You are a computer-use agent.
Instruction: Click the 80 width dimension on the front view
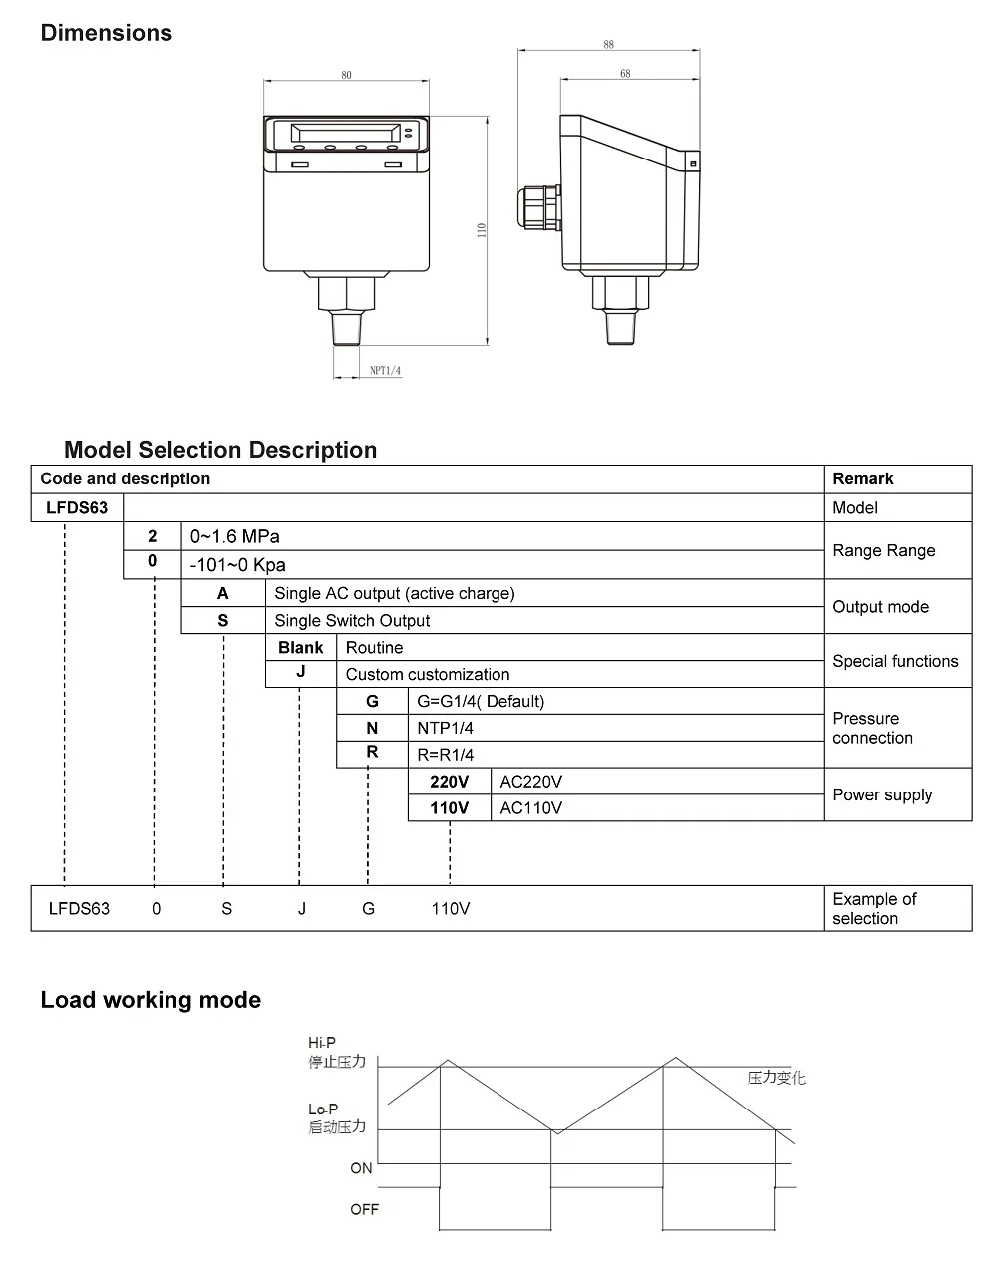pos(346,75)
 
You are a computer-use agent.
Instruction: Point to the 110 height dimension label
pos(481,229)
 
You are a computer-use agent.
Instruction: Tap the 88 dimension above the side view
pos(608,45)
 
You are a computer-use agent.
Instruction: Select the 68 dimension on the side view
pos(625,74)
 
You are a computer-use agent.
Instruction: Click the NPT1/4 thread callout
pos(385,371)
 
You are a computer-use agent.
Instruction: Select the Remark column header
pos(863,478)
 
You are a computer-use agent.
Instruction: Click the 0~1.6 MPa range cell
pos(235,536)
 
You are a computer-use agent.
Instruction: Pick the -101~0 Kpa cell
pos(238,565)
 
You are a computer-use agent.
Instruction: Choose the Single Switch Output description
pos(352,620)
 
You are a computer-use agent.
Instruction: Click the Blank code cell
pos(300,647)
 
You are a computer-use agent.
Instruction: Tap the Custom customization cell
pos(427,674)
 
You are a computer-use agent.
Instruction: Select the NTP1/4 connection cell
pos(445,728)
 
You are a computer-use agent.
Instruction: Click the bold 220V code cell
pos(449,782)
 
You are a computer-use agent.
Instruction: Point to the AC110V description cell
pos(530,808)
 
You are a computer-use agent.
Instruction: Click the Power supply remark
pos(882,794)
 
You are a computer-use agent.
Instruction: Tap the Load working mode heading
pos(151,1000)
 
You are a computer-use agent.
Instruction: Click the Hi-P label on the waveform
pos(322,1043)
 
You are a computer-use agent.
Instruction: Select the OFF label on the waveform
pos(364,1209)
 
